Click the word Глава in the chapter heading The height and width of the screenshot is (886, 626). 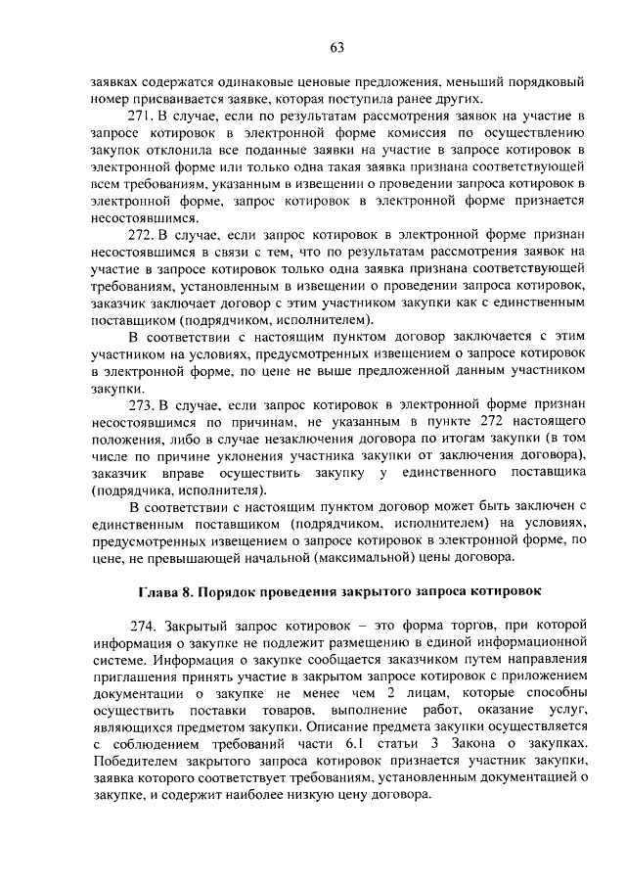click(x=154, y=592)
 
